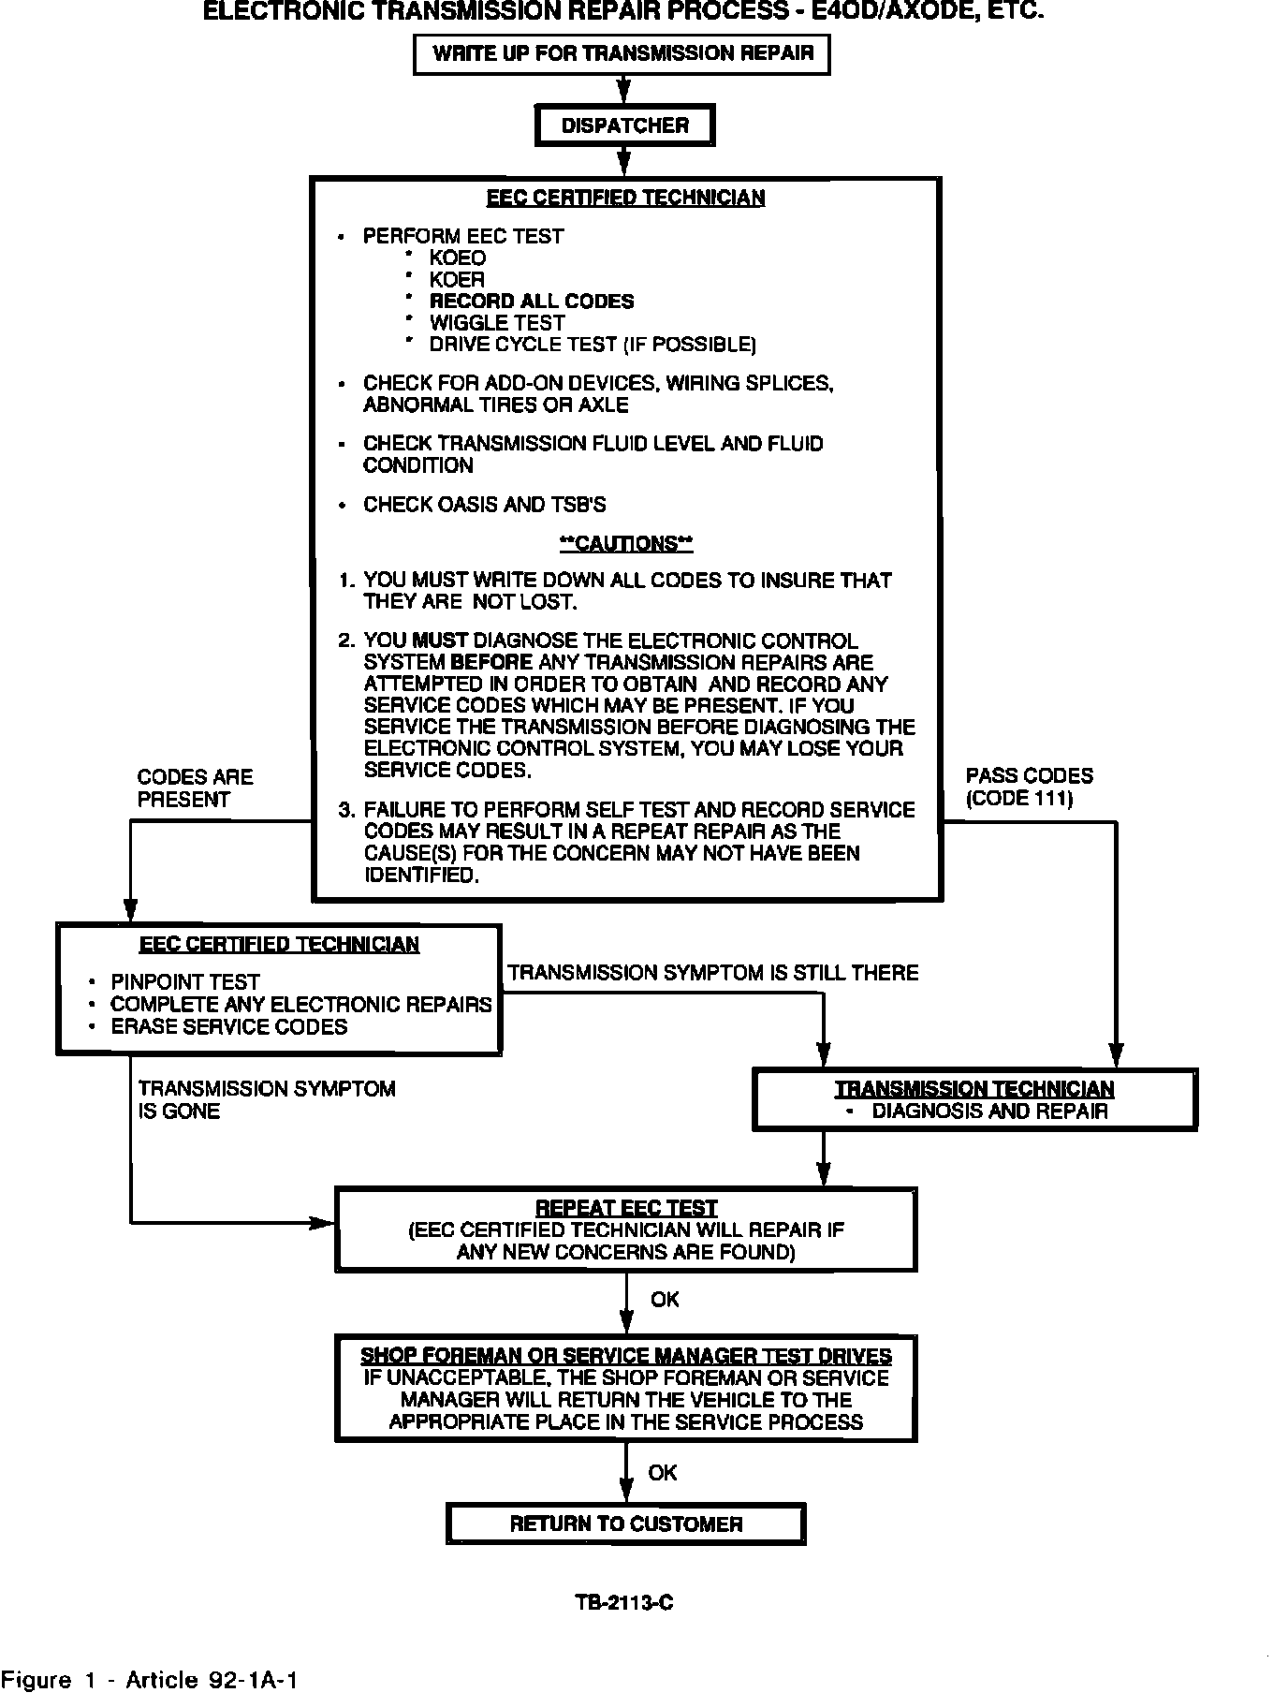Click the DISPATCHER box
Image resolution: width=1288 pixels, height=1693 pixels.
pos(624,125)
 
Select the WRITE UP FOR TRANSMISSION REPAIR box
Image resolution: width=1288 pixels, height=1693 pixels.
pos(622,53)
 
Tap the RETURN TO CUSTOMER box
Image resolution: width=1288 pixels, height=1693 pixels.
pos(625,1524)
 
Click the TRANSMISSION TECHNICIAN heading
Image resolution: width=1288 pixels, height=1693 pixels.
pos(974,1089)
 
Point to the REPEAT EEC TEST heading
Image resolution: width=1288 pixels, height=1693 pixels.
pos(625,1208)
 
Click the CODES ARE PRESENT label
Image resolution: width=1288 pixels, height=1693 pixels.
pos(195,788)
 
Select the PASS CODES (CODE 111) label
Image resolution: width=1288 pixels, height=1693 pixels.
pos(1029,787)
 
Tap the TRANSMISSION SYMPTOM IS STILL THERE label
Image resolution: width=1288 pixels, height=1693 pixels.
pos(712,973)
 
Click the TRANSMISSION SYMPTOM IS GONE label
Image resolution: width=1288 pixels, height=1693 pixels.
pos(266,1099)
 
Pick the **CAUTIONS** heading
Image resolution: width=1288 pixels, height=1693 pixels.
pos(625,543)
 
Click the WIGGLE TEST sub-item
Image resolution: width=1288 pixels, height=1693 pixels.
pos(497,323)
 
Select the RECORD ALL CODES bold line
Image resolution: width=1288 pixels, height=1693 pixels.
pos(531,302)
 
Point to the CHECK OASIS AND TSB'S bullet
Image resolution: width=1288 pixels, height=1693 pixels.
pos(484,505)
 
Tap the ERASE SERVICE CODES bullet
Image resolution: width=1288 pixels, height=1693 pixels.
pos(228,1026)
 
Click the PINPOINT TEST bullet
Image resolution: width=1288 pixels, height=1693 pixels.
pos(184,981)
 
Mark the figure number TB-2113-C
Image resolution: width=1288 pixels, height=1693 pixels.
pos(624,1602)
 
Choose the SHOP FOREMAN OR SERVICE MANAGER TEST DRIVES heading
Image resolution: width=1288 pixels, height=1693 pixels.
pos(625,1356)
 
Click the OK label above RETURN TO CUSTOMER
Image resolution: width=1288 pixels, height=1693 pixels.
pos(662,1473)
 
